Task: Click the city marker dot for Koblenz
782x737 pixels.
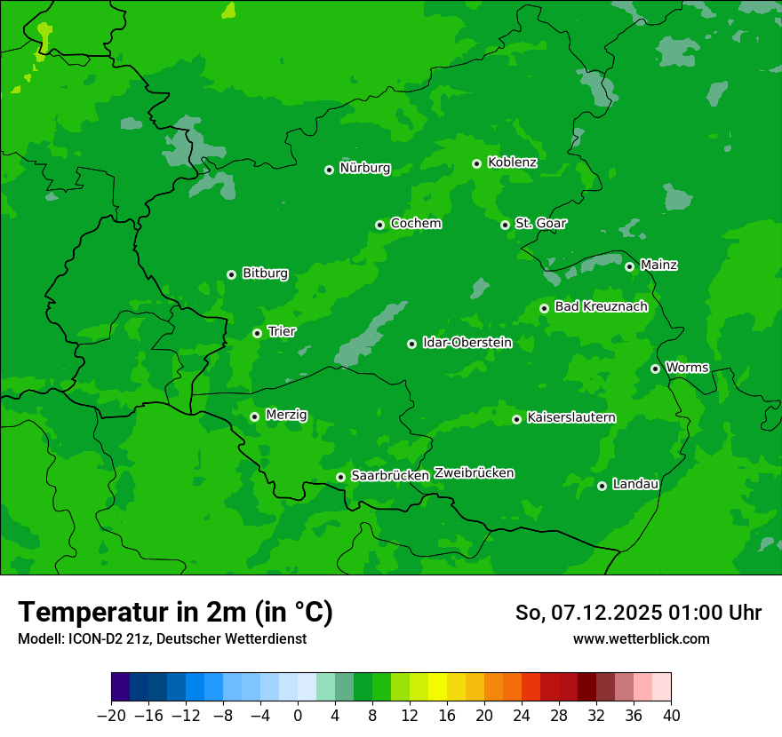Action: click(476, 163)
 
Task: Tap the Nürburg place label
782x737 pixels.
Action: click(364, 168)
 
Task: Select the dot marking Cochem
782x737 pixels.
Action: click(379, 225)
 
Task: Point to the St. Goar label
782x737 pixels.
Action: click(540, 223)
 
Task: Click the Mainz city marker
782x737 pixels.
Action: click(629, 266)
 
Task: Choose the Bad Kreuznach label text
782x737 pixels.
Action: click(601, 306)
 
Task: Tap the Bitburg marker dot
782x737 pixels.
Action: click(231, 274)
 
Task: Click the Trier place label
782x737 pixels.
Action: click(282, 331)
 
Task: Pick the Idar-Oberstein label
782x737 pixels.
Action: click(467, 342)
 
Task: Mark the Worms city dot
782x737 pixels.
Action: click(655, 368)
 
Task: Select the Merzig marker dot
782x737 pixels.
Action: click(254, 416)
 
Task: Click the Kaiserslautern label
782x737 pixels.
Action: click(571, 417)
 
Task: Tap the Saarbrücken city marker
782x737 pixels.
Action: click(340, 477)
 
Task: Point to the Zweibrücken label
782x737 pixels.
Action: click(474, 473)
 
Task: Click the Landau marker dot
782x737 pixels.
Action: click(602, 486)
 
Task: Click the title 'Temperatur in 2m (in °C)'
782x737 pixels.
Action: click(175, 613)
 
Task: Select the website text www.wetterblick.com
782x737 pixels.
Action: click(641, 638)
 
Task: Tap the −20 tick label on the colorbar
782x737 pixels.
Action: click(111, 716)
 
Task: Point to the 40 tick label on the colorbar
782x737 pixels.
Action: click(671, 716)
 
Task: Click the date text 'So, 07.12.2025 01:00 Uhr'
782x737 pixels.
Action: click(638, 613)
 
